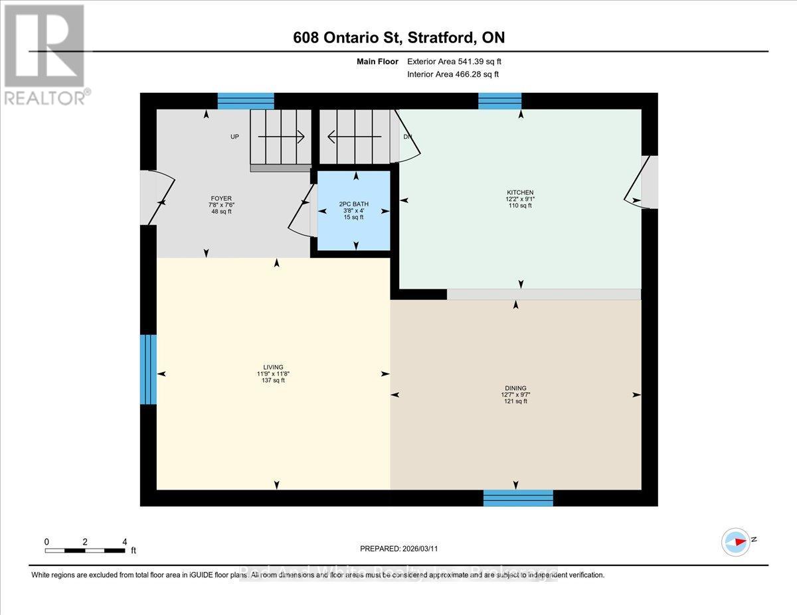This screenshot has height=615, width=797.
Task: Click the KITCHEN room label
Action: (x=519, y=192)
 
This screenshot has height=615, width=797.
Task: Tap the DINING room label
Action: (x=514, y=388)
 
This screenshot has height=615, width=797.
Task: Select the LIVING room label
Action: (x=273, y=367)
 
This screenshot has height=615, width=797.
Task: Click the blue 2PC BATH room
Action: (x=353, y=210)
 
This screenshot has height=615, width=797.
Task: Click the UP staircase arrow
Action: (x=281, y=137)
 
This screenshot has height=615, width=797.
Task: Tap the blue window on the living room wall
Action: (x=149, y=370)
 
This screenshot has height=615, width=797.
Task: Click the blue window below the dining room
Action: (x=518, y=498)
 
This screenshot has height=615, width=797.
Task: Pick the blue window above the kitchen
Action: (x=499, y=101)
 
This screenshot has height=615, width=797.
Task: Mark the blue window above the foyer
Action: (x=246, y=101)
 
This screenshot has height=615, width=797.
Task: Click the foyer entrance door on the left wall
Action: (x=157, y=198)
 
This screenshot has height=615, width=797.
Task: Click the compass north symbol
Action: (x=736, y=542)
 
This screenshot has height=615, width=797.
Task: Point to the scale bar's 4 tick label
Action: (x=124, y=541)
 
